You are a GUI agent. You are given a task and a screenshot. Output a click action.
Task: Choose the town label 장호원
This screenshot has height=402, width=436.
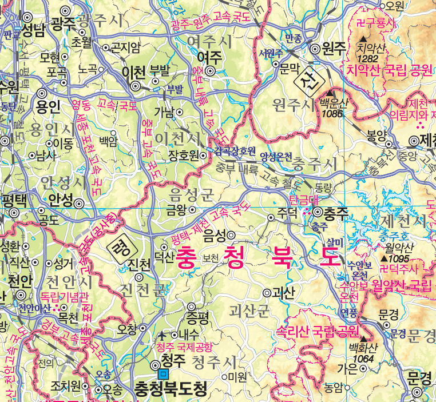pos(183,155)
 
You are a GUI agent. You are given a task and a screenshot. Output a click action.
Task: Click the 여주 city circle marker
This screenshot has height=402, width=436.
pos(210,71)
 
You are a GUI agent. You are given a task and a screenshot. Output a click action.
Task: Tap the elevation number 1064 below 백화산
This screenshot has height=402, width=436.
pos(363,359)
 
